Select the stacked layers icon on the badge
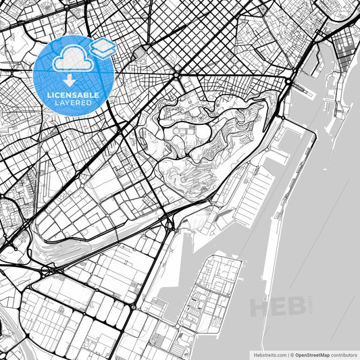[103, 47]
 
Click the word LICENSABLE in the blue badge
[73, 96]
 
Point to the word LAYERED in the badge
[73, 103]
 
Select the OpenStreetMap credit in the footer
[310, 354]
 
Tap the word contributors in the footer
[342, 354]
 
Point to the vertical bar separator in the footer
[287, 354]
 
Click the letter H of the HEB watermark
[261, 307]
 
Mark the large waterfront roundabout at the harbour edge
[289, 82]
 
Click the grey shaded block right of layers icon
[139, 53]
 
